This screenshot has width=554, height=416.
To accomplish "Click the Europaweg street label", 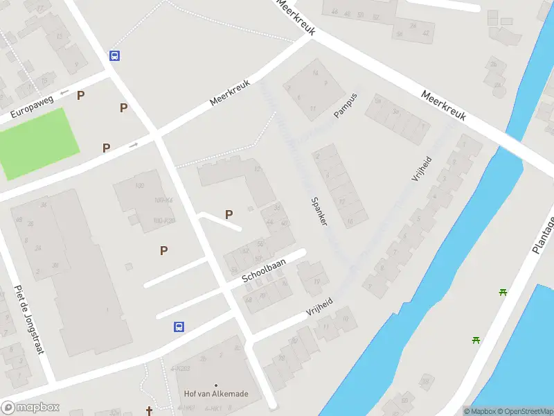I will click(31, 107).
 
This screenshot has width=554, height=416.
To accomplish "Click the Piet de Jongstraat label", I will click(29, 320).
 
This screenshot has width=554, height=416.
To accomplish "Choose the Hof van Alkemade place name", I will click(216, 394).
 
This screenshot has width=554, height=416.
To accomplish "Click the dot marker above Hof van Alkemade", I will click(216, 384).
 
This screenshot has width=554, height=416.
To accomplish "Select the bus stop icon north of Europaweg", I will click(115, 56).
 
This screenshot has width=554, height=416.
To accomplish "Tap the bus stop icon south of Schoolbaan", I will click(179, 327).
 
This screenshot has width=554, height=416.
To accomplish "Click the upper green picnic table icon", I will click(503, 292).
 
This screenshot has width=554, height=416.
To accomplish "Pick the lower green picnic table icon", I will click(476, 340).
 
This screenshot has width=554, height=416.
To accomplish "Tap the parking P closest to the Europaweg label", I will click(81, 96).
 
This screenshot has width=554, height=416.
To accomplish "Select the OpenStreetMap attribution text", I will click(525, 411).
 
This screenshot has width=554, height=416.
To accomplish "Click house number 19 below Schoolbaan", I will click(316, 281).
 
